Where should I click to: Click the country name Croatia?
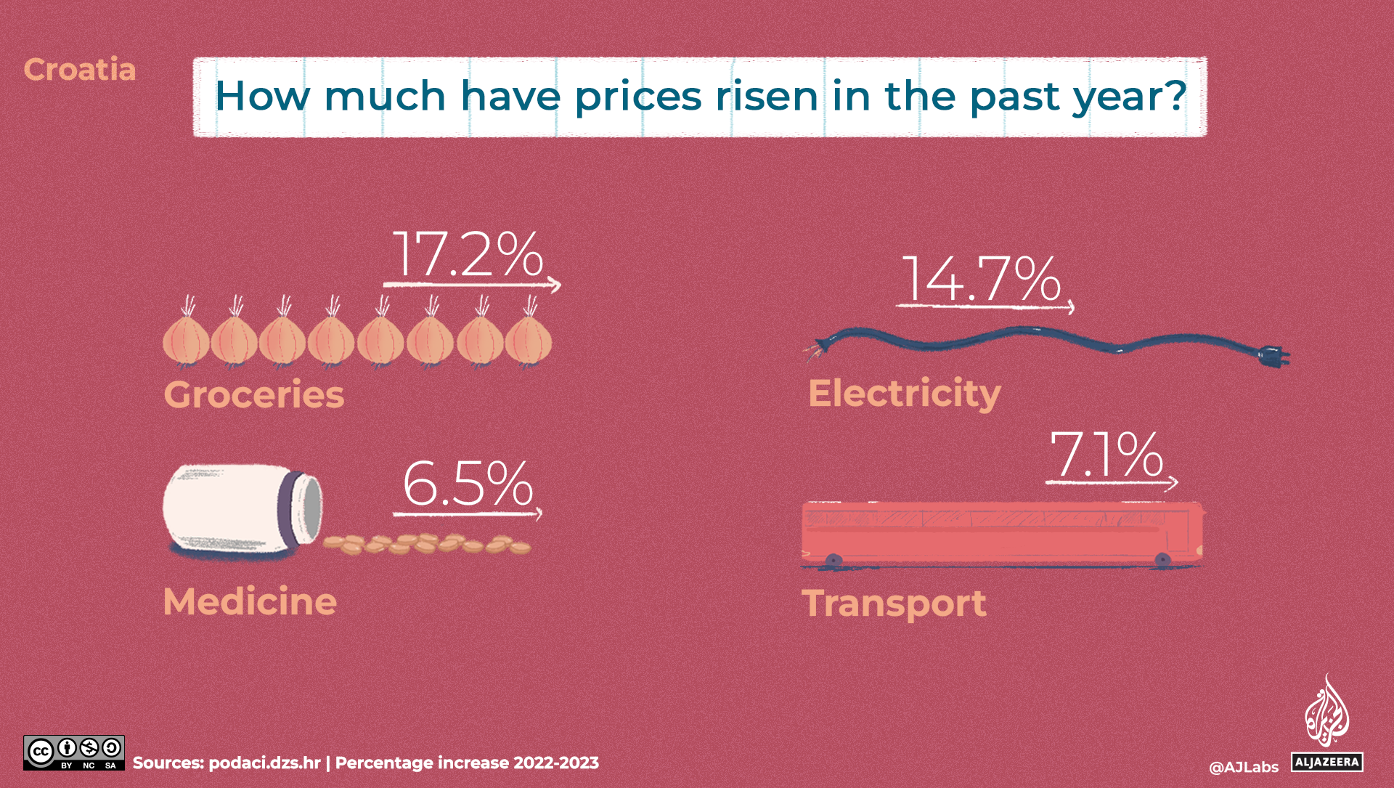[80, 70]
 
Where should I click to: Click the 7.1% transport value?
[1106, 455]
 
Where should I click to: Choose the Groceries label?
[254, 394]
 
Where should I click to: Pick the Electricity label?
[905, 394]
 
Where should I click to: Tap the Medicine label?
[250, 601]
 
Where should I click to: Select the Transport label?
[894, 604]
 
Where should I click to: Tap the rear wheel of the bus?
[833, 561]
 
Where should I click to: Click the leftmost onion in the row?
[186, 340]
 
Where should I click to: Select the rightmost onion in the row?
[529, 340]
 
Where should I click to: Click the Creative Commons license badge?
[74, 752]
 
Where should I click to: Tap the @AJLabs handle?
[1244, 767]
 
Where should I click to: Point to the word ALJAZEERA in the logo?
[1326, 762]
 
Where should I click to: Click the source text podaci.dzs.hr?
[264, 763]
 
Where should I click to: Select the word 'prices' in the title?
[638, 97]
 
